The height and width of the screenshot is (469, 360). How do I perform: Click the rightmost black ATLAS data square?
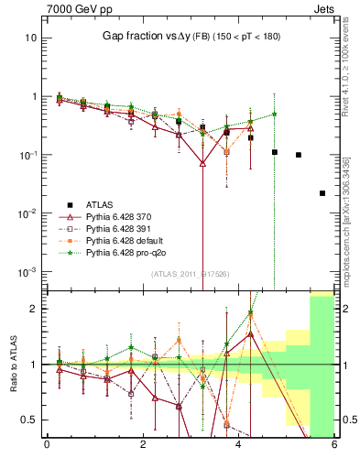[322, 193]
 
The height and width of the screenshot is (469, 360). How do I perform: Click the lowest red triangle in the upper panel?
[202, 163]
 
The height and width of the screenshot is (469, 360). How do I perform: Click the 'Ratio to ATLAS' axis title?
[11, 364]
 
